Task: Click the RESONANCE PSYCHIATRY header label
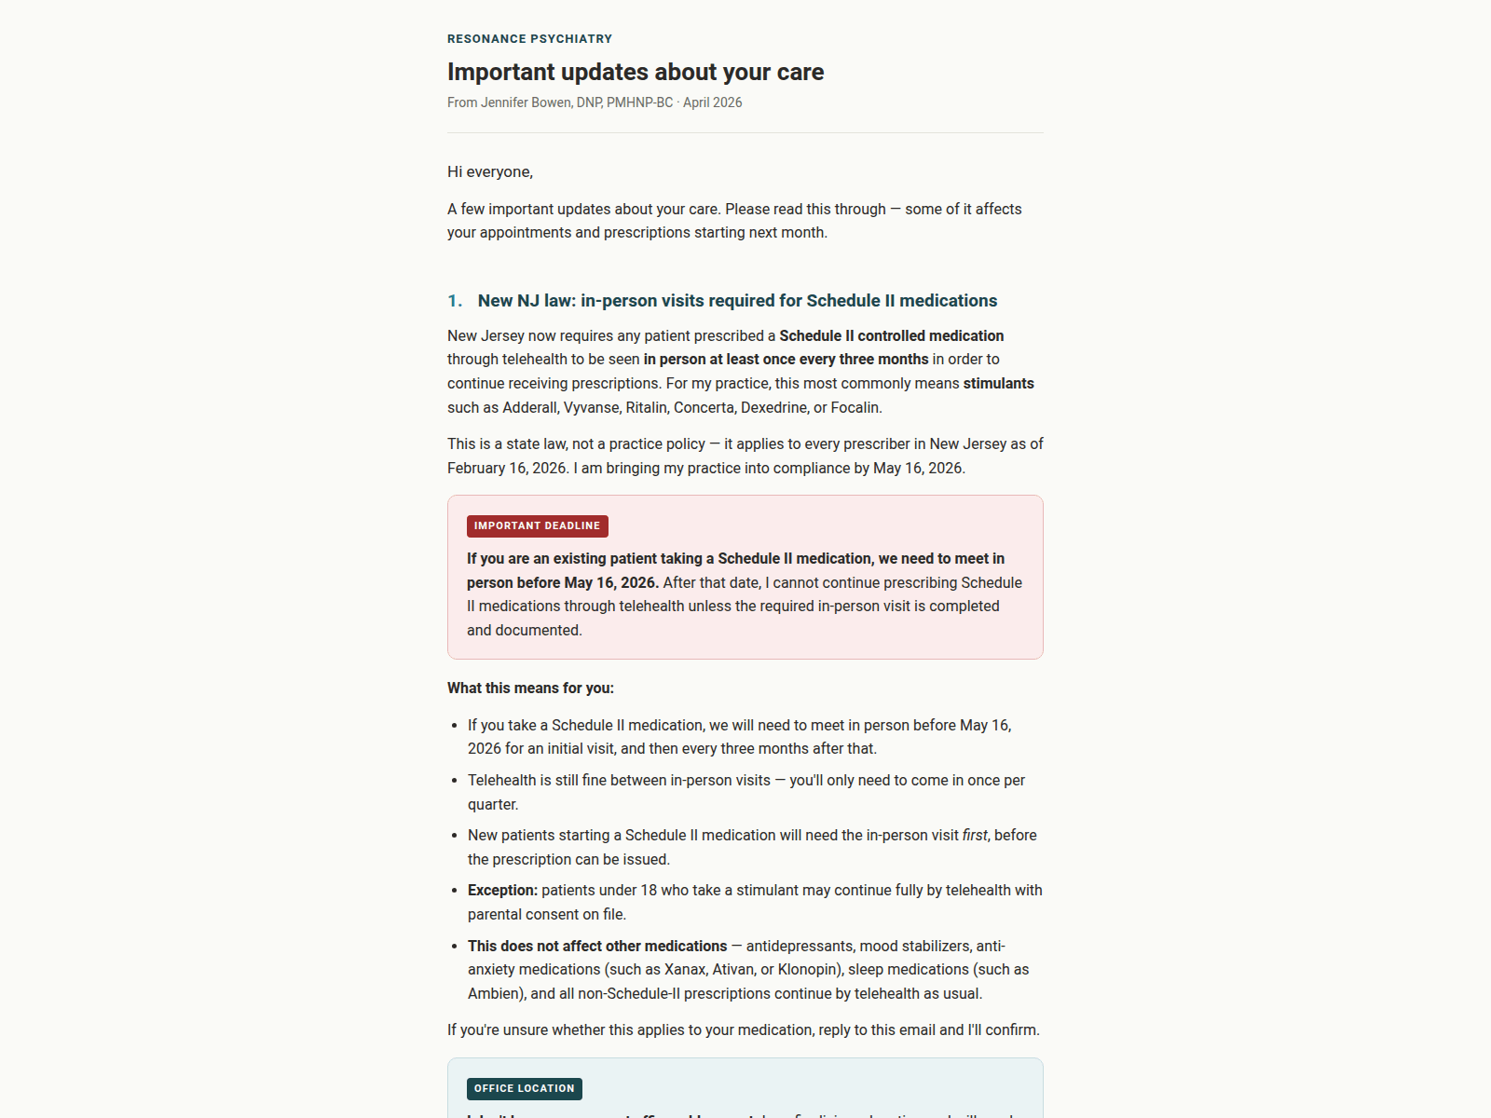pos(529,39)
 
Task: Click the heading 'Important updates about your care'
pos(636,72)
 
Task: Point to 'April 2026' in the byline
pos(713,102)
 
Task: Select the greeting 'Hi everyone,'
pos(490,171)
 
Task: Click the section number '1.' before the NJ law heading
pos(455,301)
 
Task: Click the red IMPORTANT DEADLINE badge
pos(537,526)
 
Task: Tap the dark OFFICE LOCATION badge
pos(524,1088)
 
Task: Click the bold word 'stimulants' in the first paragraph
pos(998,383)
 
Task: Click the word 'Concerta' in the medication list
pos(704,407)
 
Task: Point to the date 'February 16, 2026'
pos(507,468)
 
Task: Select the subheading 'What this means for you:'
pos(530,688)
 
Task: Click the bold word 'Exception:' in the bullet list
pos(502,890)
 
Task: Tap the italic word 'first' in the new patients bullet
pos(975,835)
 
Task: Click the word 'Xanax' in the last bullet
pos(685,969)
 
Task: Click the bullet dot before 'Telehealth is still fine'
pos(454,781)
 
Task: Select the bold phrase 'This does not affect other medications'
pos(597,946)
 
